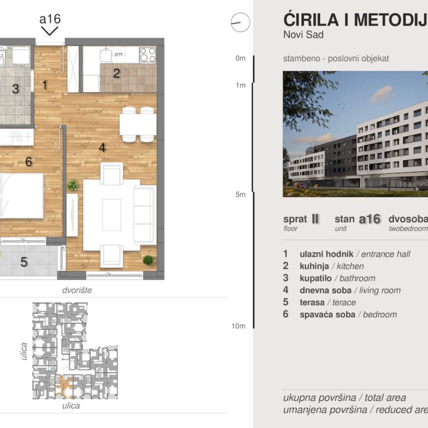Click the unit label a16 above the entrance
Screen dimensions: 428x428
tap(50, 19)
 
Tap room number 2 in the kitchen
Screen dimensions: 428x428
tap(116, 73)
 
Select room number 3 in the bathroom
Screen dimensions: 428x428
tap(15, 88)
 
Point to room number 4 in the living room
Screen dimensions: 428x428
tap(102, 148)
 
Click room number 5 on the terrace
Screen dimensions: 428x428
tap(24, 262)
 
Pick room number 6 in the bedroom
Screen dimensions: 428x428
tap(28, 162)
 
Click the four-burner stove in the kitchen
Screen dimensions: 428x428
tap(147, 55)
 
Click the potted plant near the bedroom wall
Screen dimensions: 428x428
tap(72, 185)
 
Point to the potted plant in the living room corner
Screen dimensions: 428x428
tap(148, 260)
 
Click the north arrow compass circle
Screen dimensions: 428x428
tap(240, 22)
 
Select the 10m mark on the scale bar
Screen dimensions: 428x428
tap(239, 326)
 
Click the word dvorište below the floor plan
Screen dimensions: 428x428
tap(76, 290)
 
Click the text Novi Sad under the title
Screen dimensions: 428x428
tap(303, 35)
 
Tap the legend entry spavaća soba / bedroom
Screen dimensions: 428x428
tap(347, 314)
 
